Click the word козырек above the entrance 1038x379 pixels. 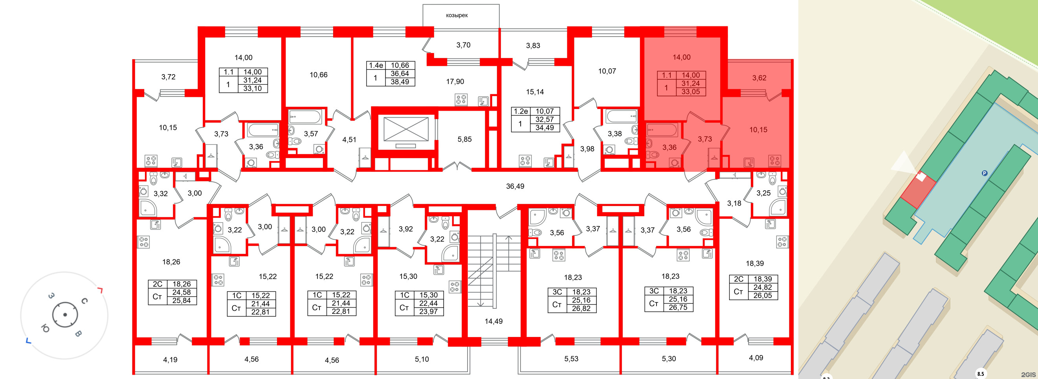[457, 15]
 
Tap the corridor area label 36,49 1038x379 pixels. [515, 186]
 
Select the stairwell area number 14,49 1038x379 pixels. [493, 321]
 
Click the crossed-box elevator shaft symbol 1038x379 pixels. [406, 129]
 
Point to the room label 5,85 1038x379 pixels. [464, 139]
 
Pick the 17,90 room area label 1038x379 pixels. [455, 82]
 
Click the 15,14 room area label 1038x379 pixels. [535, 92]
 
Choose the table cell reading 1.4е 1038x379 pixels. [376, 65]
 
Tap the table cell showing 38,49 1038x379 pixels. [400, 82]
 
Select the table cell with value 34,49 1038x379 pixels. [545, 128]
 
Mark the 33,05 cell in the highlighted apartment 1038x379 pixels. [690, 92]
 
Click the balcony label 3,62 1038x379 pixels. [759, 78]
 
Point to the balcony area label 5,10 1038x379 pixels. [422, 359]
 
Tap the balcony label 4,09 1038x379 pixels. [756, 358]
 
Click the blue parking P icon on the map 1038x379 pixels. [985, 173]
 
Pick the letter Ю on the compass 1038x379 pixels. [45, 329]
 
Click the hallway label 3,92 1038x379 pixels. [406, 229]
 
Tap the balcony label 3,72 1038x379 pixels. [169, 77]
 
